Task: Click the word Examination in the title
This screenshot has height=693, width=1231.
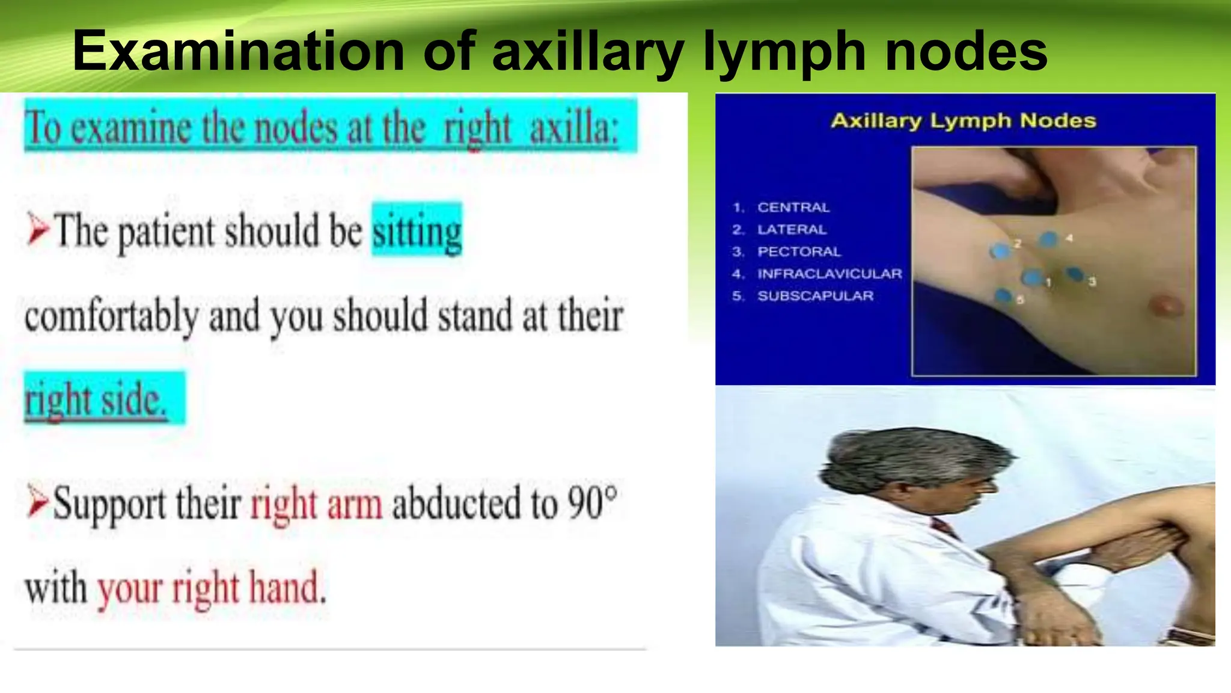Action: point(238,52)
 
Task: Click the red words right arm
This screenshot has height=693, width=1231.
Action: point(316,504)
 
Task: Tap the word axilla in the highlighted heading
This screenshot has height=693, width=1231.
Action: point(573,128)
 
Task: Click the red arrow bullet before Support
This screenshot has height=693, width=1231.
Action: point(37,504)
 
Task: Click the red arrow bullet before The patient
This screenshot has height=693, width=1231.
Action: point(38,231)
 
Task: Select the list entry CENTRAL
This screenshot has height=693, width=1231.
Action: point(793,208)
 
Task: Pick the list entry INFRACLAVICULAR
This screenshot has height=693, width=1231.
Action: point(829,274)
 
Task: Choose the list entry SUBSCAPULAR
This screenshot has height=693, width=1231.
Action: point(815,296)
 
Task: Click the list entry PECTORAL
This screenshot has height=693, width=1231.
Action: point(799,251)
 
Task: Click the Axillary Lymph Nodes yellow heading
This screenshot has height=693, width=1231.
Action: point(964,121)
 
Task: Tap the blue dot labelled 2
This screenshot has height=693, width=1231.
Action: point(1000,251)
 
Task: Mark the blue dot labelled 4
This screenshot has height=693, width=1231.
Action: point(1049,239)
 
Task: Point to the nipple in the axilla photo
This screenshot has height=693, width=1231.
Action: point(1167,305)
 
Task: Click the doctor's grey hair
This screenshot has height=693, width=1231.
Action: point(908,457)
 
